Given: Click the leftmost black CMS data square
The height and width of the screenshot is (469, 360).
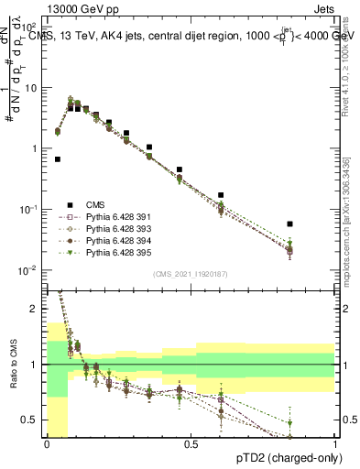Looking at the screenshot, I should [58, 158].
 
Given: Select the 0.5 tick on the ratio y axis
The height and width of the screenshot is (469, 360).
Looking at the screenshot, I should [36, 420].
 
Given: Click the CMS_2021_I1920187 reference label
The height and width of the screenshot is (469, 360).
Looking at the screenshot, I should [191, 274].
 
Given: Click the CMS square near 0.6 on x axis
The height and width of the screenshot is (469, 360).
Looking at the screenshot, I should [222, 195].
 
